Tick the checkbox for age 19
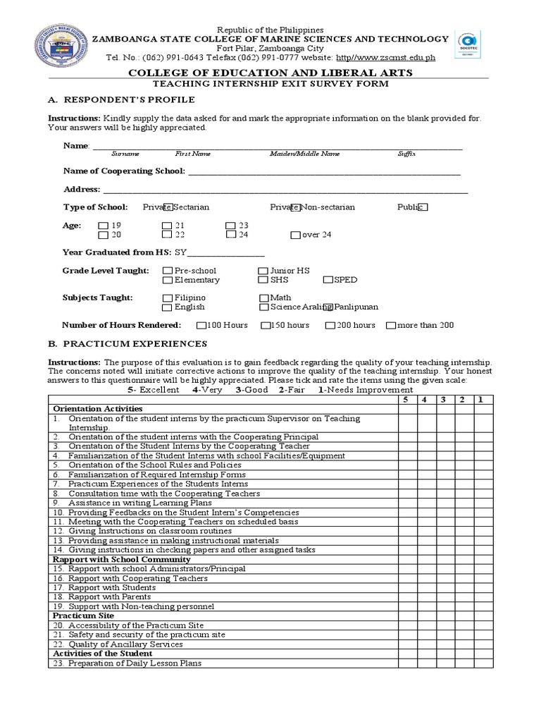(x=104, y=226)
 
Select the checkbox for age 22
(x=167, y=235)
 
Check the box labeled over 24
(x=295, y=235)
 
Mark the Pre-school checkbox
(x=167, y=271)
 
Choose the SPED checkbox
(x=328, y=280)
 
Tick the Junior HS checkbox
(x=263, y=271)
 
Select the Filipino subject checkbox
(x=167, y=298)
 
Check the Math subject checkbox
(x=264, y=298)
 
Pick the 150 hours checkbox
(x=265, y=326)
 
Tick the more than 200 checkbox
(x=391, y=326)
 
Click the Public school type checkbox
(x=422, y=207)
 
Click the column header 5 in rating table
(x=407, y=400)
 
